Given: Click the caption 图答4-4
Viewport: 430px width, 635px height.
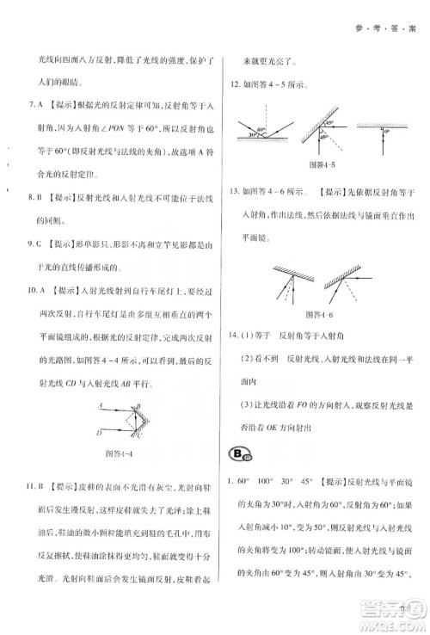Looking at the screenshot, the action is click(x=115, y=453).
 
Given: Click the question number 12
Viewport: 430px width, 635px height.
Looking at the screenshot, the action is click(x=232, y=83).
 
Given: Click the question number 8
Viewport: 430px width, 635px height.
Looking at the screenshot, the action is click(x=32, y=197).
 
